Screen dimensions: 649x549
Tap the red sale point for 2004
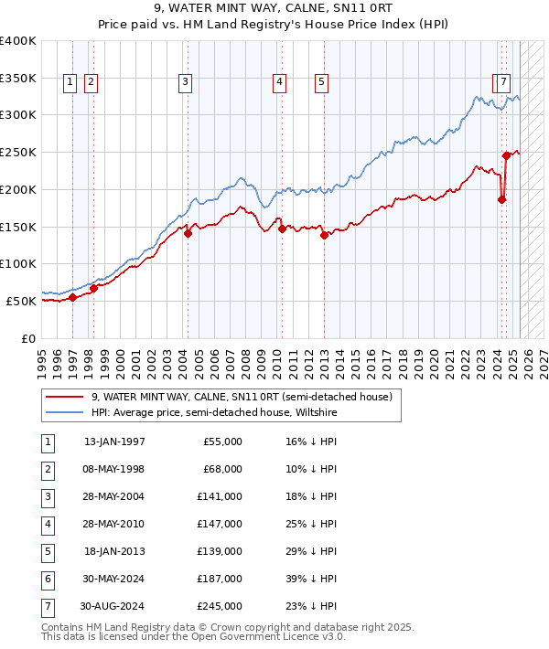pos(188,233)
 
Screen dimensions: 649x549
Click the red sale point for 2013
pos(324,235)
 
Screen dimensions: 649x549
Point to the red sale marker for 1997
pos(72,297)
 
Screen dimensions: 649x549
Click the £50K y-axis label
pos(22,301)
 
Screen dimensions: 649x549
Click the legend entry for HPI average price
pos(214,412)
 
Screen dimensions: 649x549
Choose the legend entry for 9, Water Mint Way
pos(242,397)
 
